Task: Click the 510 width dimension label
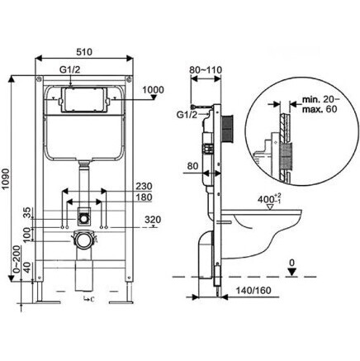tap(84, 52)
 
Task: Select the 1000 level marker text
tap(153, 90)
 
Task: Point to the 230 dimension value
tap(144, 186)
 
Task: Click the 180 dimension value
tap(144, 197)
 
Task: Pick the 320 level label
tap(153, 220)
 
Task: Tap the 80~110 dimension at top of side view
tap(206, 70)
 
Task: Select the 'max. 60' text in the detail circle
tap(320, 109)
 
